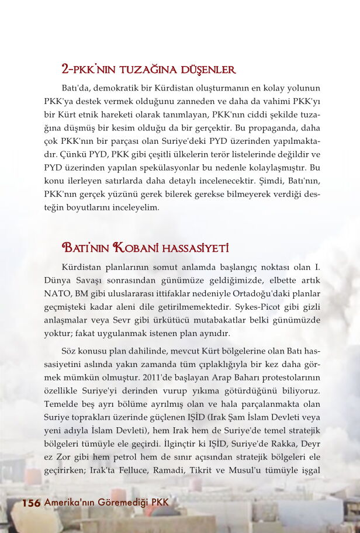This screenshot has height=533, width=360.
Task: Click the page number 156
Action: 30,503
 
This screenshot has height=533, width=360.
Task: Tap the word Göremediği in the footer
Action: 124,503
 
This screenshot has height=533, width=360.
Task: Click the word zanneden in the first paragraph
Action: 204,101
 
